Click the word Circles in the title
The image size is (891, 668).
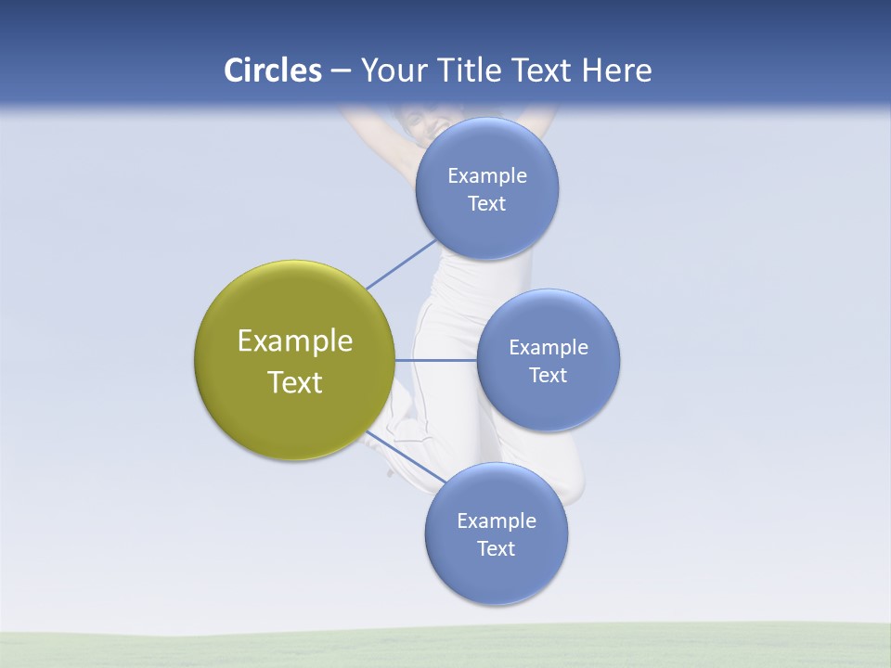(x=272, y=71)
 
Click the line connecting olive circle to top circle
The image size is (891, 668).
(x=401, y=264)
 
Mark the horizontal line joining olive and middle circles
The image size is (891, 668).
(x=435, y=360)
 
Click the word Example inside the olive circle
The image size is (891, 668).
(x=294, y=341)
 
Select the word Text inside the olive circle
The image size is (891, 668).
(x=294, y=382)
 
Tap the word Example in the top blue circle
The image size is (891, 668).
(x=486, y=176)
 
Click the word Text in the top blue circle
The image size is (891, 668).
(x=486, y=204)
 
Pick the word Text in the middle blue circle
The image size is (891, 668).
(x=548, y=375)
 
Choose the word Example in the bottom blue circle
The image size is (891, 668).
(x=496, y=521)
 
